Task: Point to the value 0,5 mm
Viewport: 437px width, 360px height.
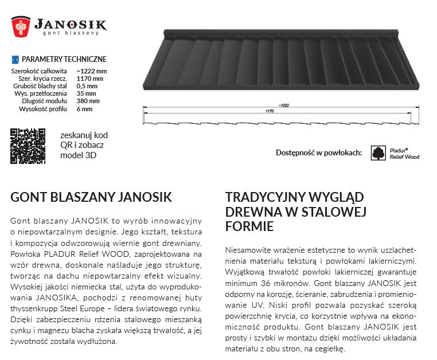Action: click(x=85, y=86)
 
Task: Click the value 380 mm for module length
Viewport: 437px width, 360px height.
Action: click(x=87, y=101)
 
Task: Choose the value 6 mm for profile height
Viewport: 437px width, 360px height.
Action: click(x=84, y=108)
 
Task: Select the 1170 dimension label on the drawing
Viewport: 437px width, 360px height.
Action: click(x=270, y=111)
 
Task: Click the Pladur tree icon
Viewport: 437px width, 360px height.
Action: click(x=379, y=152)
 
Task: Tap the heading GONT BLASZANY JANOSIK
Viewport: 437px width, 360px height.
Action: click(x=91, y=198)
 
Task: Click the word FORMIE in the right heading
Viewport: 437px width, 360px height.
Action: click(x=249, y=226)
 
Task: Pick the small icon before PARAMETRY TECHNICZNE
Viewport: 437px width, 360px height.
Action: click(x=15, y=59)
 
